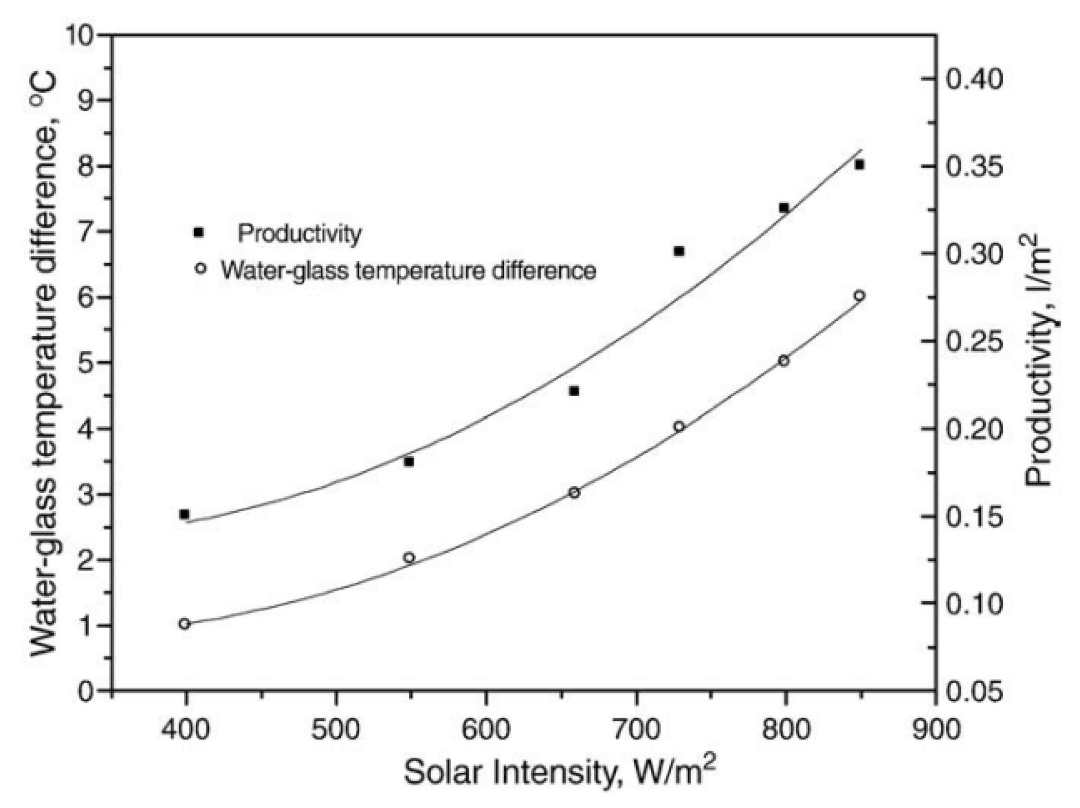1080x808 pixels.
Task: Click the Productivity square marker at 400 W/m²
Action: pos(184,514)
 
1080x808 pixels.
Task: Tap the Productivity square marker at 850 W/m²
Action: pos(860,165)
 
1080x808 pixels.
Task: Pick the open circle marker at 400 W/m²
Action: pos(184,624)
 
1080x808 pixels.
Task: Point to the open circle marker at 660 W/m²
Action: pos(574,493)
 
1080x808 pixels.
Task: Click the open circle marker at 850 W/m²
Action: pos(860,295)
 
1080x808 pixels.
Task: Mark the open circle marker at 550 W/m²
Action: pos(409,558)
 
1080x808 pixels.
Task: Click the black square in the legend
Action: pos(198,232)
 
